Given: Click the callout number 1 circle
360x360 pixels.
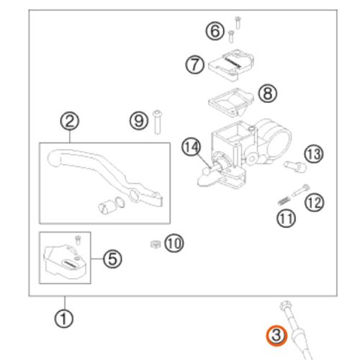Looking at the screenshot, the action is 63,319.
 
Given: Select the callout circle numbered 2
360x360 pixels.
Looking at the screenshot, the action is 70,121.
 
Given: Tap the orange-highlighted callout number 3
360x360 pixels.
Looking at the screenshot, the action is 276,336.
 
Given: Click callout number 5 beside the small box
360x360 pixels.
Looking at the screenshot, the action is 112,259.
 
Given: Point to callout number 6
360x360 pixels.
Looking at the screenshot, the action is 215,31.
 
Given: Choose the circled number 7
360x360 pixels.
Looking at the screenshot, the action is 195,65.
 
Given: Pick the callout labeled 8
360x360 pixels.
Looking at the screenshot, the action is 268,94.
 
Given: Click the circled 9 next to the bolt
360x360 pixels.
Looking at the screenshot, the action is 139,121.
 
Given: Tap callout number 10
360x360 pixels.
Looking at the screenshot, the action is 174,243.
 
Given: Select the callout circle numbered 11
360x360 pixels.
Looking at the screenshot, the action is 286,218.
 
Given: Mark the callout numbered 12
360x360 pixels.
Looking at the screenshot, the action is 314,202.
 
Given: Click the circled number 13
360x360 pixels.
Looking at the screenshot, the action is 314,154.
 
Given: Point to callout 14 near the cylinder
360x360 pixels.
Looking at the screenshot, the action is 191,147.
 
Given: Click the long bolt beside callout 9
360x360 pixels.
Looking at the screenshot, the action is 158,122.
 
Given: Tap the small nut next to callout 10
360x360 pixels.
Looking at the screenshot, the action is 156,244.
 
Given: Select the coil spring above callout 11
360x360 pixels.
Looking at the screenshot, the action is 284,200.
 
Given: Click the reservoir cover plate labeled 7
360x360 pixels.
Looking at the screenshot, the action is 231,65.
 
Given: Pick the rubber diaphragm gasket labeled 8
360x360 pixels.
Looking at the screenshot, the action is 231,103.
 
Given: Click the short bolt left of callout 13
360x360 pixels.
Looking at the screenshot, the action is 295,166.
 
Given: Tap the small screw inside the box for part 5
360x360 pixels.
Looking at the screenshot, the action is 78,240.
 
